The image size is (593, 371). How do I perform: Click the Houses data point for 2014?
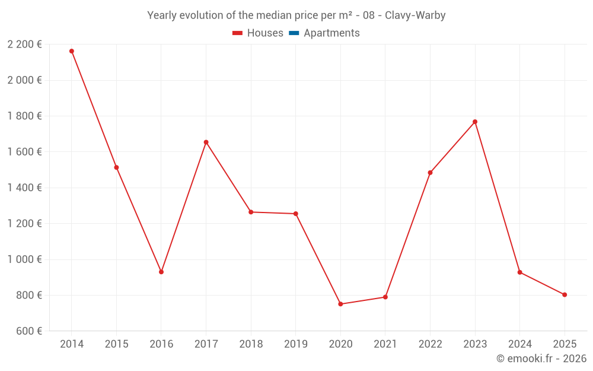72,51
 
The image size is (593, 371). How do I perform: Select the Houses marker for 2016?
161,272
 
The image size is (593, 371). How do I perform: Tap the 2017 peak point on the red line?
206,142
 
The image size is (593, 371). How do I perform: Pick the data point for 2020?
340,304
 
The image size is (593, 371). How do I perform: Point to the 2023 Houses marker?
475,122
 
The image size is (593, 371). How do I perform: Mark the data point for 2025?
565,294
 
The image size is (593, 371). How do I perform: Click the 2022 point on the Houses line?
430,173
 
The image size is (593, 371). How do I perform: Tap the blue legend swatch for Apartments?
294,33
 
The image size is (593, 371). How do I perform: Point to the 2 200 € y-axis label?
24,44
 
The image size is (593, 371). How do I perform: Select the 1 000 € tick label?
24,259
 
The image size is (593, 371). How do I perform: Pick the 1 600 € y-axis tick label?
24,152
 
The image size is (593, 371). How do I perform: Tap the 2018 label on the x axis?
251,344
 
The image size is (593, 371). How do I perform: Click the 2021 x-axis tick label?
385,344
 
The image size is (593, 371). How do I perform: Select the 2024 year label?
519,344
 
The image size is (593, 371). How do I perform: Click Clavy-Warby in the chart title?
415,15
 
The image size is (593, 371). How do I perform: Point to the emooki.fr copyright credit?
541,359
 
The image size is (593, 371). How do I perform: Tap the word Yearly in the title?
161,15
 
